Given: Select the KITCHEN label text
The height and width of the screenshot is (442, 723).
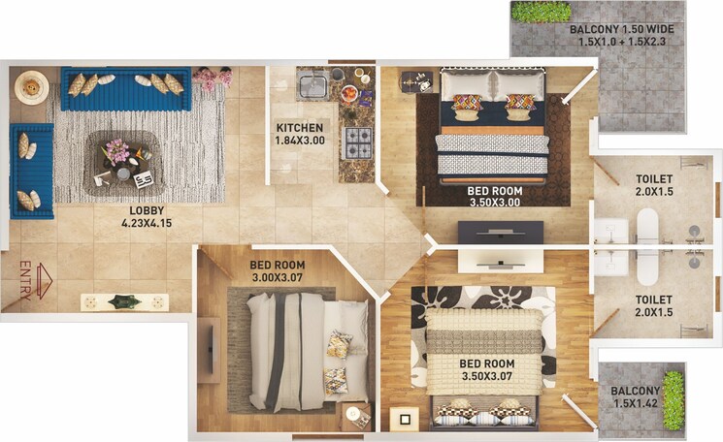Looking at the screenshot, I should pyautogui.click(x=299, y=128).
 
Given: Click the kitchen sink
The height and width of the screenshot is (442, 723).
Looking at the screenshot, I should pyautogui.click(x=312, y=86).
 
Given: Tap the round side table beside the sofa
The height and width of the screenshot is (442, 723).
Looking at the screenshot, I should pyautogui.click(x=31, y=88).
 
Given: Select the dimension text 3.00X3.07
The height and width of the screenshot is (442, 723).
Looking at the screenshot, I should pyautogui.click(x=277, y=279).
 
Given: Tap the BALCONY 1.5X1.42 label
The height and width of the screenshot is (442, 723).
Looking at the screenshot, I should pyautogui.click(x=636, y=398).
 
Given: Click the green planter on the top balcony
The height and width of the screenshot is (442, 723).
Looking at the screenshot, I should pyautogui.click(x=541, y=12).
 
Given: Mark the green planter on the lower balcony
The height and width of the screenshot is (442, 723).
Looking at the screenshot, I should pyautogui.click(x=673, y=399).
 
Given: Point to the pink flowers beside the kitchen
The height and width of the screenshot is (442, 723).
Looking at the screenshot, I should pyautogui.click(x=212, y=79).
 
